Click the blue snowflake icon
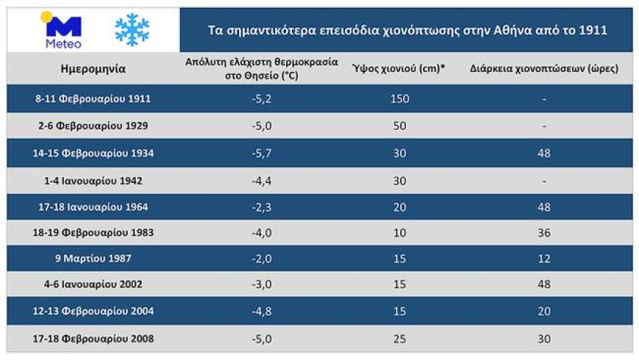click(132, 29)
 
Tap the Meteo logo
click(63, 30)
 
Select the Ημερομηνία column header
click(93, 70)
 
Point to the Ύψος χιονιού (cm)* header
click(399, 69)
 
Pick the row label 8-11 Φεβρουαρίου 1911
click(93, 98)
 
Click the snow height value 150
click(399, 99)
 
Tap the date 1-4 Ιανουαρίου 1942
click(93, 181)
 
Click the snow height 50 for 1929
click(399, 126)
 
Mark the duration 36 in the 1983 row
click(544, 233)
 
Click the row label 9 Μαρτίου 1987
click(93, 258)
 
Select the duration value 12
click(544, 258)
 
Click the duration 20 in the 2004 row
click(544, 311)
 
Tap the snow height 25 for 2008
click(399, 338)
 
